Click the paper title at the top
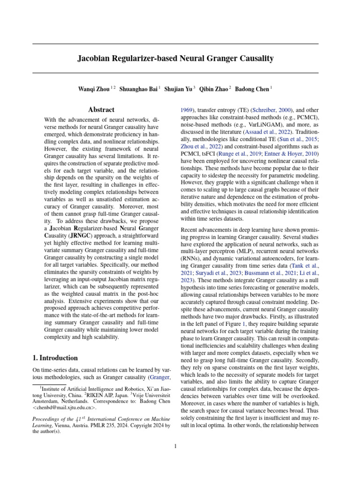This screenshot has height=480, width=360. click(175, 59)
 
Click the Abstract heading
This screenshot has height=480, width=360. click(101, 110)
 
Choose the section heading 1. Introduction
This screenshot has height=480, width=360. click(55, 358)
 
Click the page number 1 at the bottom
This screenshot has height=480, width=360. click(175, 446)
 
